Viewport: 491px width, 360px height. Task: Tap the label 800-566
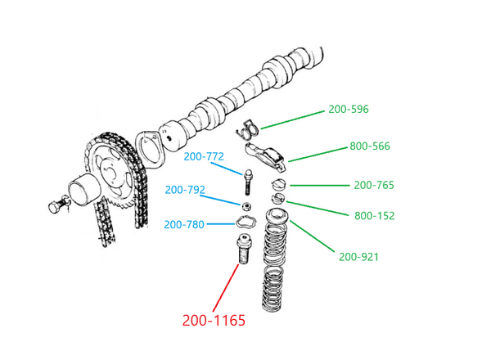[371, 146]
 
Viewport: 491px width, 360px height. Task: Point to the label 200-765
[374, 186]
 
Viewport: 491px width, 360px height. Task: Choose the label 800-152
[374, 216]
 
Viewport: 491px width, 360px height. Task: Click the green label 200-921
[358, 257]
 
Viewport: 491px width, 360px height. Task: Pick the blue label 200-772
[204, 156]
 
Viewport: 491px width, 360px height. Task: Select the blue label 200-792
[184, 190]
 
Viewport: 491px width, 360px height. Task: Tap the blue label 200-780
[183, 224]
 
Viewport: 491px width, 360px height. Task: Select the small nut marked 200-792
[245, 205]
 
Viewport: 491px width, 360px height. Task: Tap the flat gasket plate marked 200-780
[245, 220]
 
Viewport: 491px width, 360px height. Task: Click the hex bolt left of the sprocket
[56, 208]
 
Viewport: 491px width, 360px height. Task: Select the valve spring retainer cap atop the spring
[277, 217]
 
